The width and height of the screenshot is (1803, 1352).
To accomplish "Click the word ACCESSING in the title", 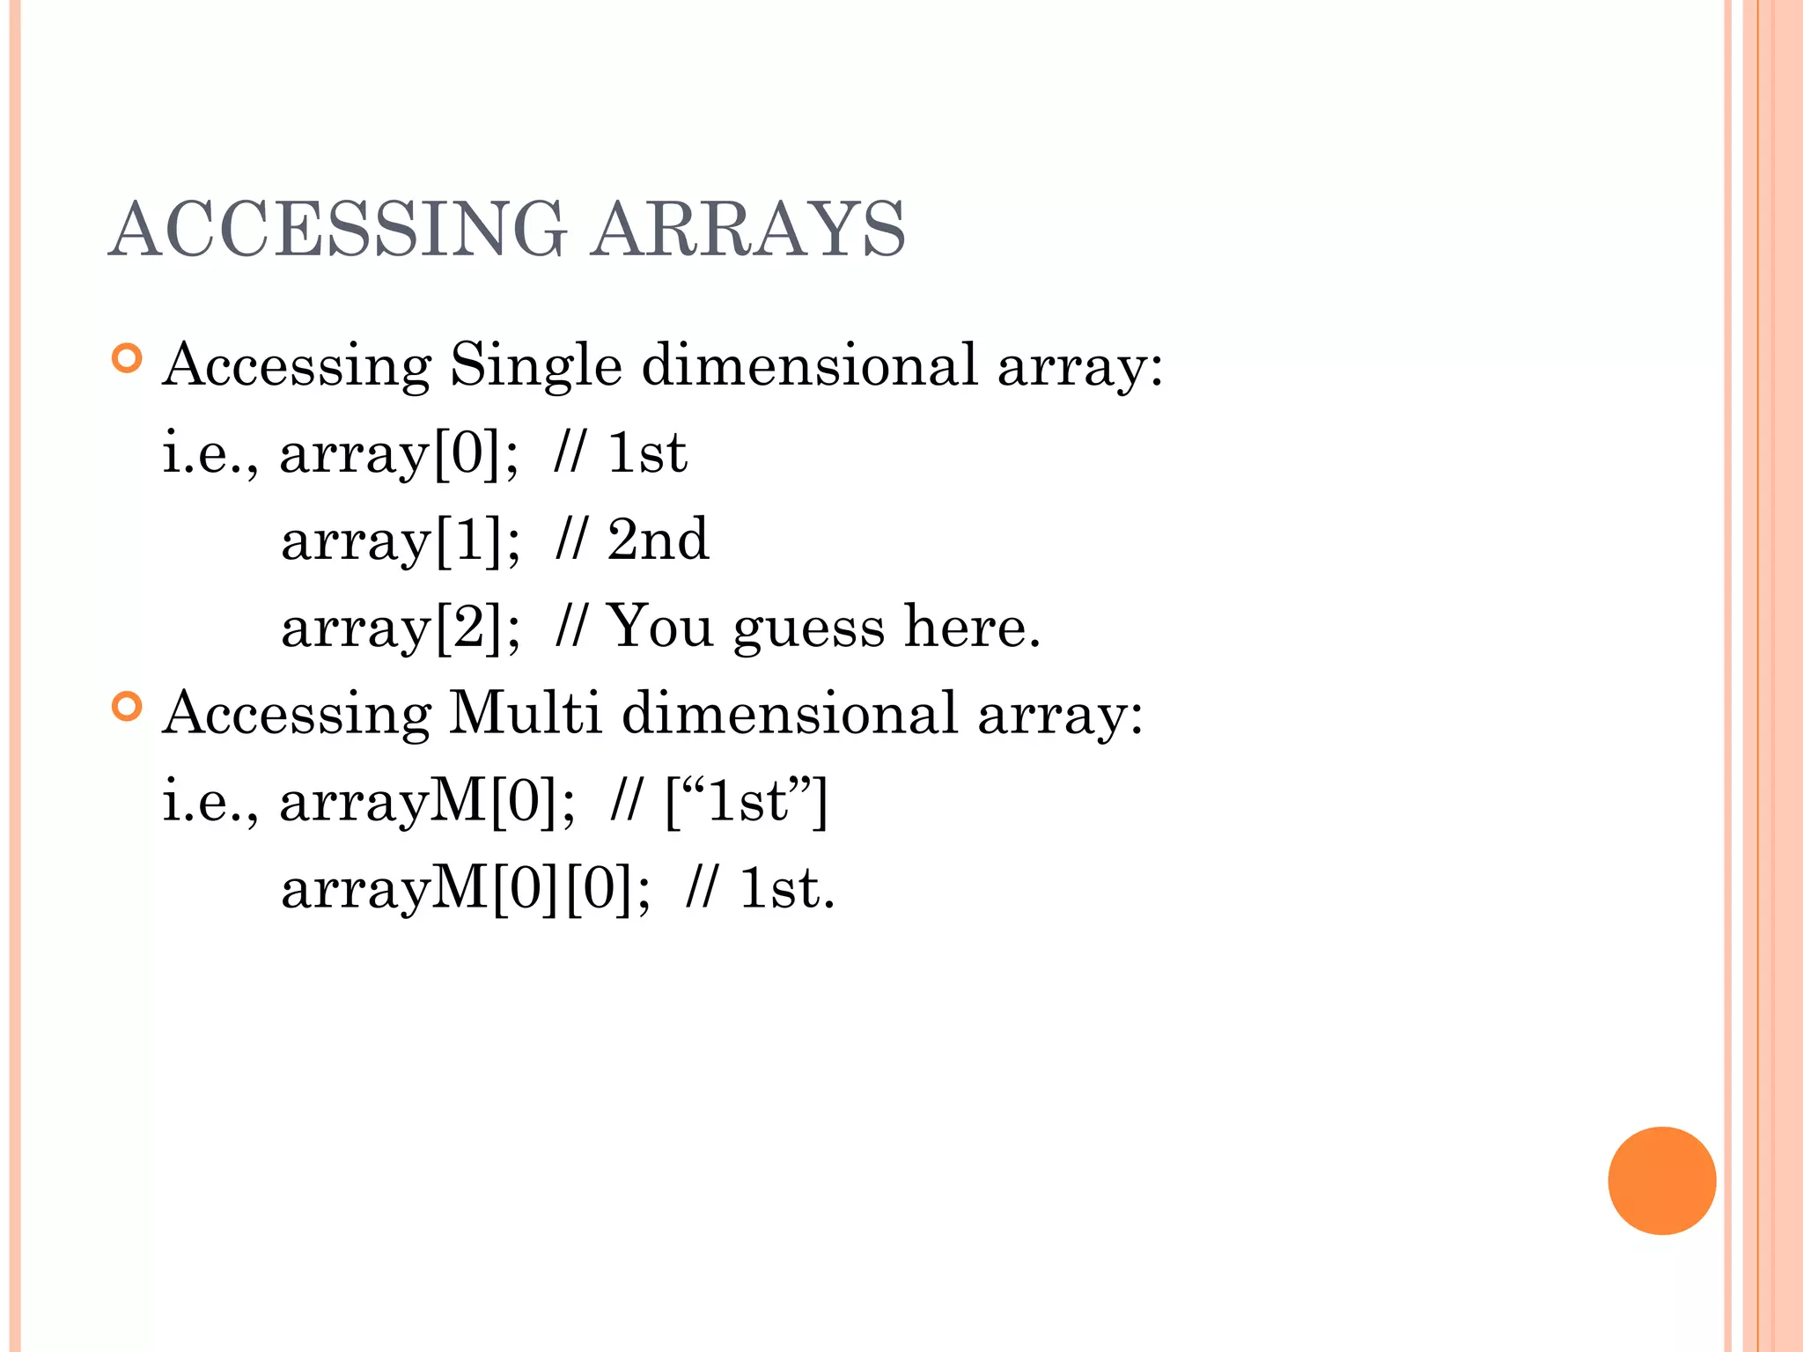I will tap(338, 229).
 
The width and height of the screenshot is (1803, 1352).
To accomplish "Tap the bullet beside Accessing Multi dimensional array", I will tap(128, 707).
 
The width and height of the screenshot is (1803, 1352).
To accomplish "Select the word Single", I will tap(535, 365).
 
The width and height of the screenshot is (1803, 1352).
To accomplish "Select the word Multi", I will tap(525, 712).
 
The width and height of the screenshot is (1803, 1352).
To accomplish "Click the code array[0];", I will tap(399, 453).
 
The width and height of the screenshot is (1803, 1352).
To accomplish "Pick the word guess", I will tap(808, 628).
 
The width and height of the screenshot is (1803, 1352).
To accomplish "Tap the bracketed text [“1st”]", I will tap(747, 801).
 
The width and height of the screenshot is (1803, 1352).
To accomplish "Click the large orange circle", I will tap(1661, 1180).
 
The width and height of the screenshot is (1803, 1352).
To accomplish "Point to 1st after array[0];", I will tap(647, 453).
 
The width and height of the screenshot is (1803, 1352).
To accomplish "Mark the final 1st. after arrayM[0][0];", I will tap(786, 888).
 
